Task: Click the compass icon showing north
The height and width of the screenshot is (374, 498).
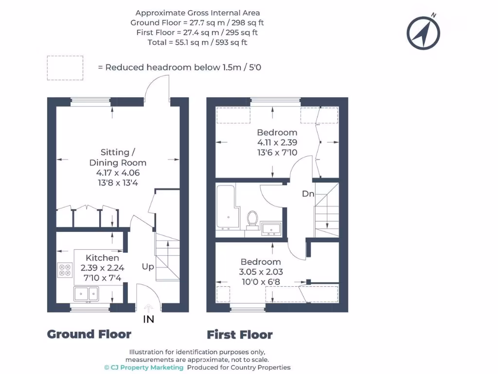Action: coord(424,33)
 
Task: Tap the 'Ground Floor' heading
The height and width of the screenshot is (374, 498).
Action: coord(89,334)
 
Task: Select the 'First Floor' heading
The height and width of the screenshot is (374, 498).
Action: coord(240,335)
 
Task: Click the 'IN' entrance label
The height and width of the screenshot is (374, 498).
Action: coord(148,319)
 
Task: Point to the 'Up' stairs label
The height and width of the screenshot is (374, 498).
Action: coord(148,266)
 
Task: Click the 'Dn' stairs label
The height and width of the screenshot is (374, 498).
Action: coord(308,194)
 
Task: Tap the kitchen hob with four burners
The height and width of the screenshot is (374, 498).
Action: coord(65,270)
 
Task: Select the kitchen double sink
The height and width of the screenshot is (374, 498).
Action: coord(87,294)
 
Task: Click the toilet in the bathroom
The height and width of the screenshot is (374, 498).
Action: coord(252,219)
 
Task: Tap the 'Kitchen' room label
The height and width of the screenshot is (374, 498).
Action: coord(102,258)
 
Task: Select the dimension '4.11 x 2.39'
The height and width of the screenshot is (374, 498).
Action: coord(277,143)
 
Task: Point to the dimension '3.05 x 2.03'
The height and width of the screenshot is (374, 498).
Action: coord(261,272)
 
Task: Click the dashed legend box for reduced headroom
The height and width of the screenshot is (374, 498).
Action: coord(65,68)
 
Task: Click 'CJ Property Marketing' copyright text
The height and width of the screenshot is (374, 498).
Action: coord(144,367)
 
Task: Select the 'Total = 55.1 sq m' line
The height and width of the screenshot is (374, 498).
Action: coord(197,42)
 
